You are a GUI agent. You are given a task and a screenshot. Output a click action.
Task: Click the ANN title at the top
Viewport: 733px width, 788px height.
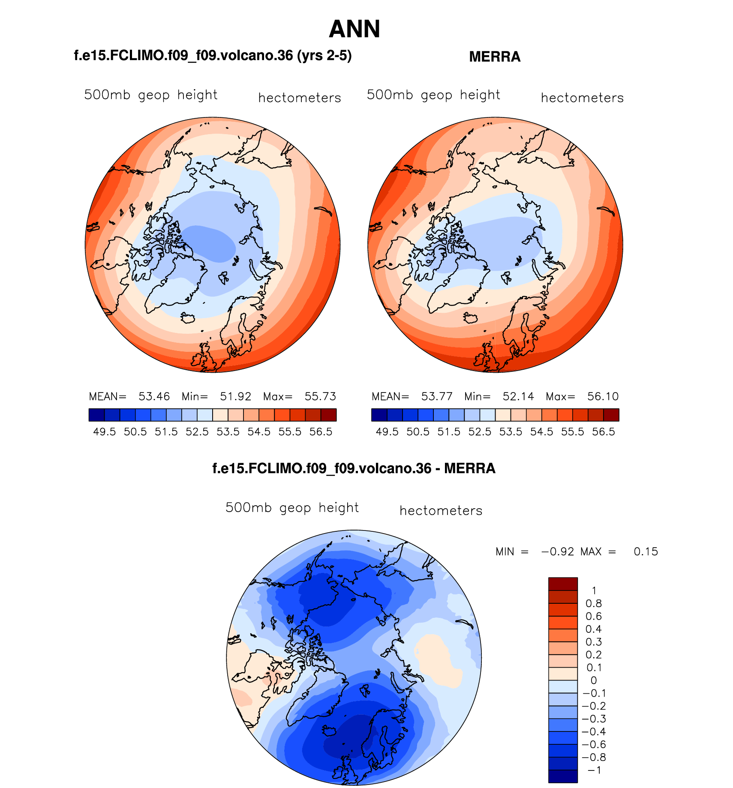click(x=354, y=29)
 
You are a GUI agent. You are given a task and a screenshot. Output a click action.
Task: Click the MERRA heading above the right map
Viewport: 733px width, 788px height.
click(x=495, y=57)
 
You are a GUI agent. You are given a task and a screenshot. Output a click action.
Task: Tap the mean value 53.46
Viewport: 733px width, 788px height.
click(x=154, y=396)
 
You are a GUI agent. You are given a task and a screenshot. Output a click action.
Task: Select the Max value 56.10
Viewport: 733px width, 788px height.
click(x=603, y=396)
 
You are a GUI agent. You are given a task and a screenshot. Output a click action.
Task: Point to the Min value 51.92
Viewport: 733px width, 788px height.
click(x=235, y=396)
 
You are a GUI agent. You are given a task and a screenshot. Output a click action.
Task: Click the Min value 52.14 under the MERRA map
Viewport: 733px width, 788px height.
click(x=518, y=396)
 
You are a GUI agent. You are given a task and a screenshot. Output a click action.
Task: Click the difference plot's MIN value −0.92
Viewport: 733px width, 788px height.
click(x=557, y=551)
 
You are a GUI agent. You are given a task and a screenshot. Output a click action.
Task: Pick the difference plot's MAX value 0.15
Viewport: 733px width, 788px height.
click(x=646, y=551)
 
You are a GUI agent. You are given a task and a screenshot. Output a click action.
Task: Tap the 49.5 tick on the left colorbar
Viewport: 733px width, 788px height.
click(x=105, y=432)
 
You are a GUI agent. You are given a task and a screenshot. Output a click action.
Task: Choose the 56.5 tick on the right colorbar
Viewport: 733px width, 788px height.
click(x=604, y=432)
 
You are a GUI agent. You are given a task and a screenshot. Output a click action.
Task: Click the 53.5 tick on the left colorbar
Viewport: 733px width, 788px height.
click(x=228, y=432)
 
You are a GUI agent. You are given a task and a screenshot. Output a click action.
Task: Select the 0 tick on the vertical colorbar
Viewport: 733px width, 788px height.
click(x=594, y=680)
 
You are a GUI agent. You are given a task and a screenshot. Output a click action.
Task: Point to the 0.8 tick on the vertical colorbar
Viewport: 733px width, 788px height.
click(x=594, y=604)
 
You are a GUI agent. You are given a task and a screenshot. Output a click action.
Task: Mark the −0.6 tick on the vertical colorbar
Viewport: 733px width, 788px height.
click(x=594, y=745)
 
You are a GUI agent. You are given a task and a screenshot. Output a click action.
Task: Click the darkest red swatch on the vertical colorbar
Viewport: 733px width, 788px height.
click(x=563, y=584)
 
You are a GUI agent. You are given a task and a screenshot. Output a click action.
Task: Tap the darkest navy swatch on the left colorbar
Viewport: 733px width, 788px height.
click(x=96, y=415)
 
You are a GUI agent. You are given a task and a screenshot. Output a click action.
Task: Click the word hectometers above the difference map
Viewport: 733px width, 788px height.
click(x=441, y=511)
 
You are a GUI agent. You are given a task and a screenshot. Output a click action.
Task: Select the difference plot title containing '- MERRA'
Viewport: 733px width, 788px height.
click(x=354, y=468)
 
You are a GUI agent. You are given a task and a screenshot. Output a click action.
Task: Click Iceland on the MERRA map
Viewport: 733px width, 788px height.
click(x=470, y=318)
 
